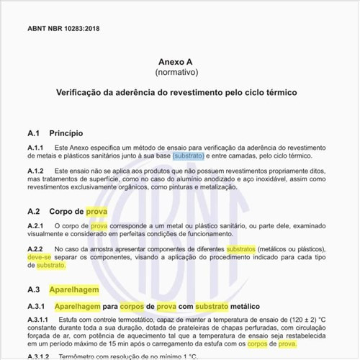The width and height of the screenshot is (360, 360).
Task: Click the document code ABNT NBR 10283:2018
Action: click(x=63, y=28)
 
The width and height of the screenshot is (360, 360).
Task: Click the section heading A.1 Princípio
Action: click(x=55, y=133)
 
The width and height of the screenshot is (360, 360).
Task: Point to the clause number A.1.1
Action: click(x=35, y=148)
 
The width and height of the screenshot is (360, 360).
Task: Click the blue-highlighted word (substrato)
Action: click(x=188, y=156)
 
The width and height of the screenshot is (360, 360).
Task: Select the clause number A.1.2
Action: click(x=35, y=170)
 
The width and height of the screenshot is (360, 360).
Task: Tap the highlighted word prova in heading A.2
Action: click(x=96, y=212)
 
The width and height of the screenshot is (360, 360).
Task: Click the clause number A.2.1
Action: click(x=35, y=226)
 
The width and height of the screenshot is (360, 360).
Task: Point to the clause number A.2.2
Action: click(x=35, y=248)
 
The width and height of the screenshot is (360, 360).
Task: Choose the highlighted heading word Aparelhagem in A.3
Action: click(x=73, y=289)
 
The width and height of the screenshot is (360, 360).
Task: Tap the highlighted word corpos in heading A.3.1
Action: click(x=132, y=305)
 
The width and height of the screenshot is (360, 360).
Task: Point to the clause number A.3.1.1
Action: click(x=37, y=319)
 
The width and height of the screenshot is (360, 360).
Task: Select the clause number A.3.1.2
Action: click(x=37, y=356)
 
